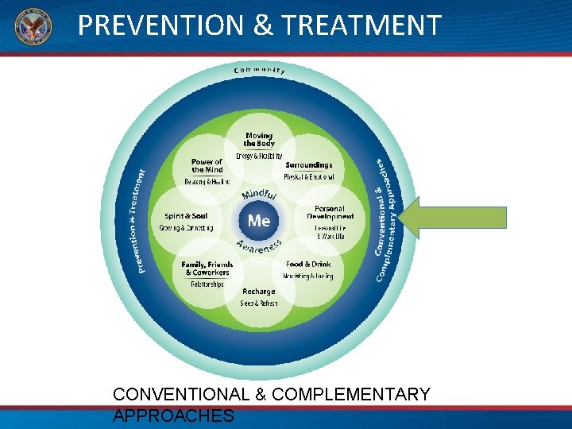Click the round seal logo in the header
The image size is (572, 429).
32,27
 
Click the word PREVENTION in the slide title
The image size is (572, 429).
161,26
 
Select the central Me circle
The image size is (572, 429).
259,220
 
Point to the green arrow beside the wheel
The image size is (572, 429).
452,218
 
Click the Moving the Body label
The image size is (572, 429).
259,139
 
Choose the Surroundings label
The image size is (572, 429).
309,165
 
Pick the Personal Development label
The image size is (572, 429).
330,212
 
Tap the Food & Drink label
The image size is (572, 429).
308,264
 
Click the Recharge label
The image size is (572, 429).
259,292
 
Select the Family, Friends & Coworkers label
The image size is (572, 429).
207,268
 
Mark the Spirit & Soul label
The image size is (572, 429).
186,216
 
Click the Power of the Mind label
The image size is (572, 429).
207,165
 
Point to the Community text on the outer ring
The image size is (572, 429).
259,71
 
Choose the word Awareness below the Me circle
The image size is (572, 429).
259,249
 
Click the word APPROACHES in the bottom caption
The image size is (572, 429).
173,415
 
